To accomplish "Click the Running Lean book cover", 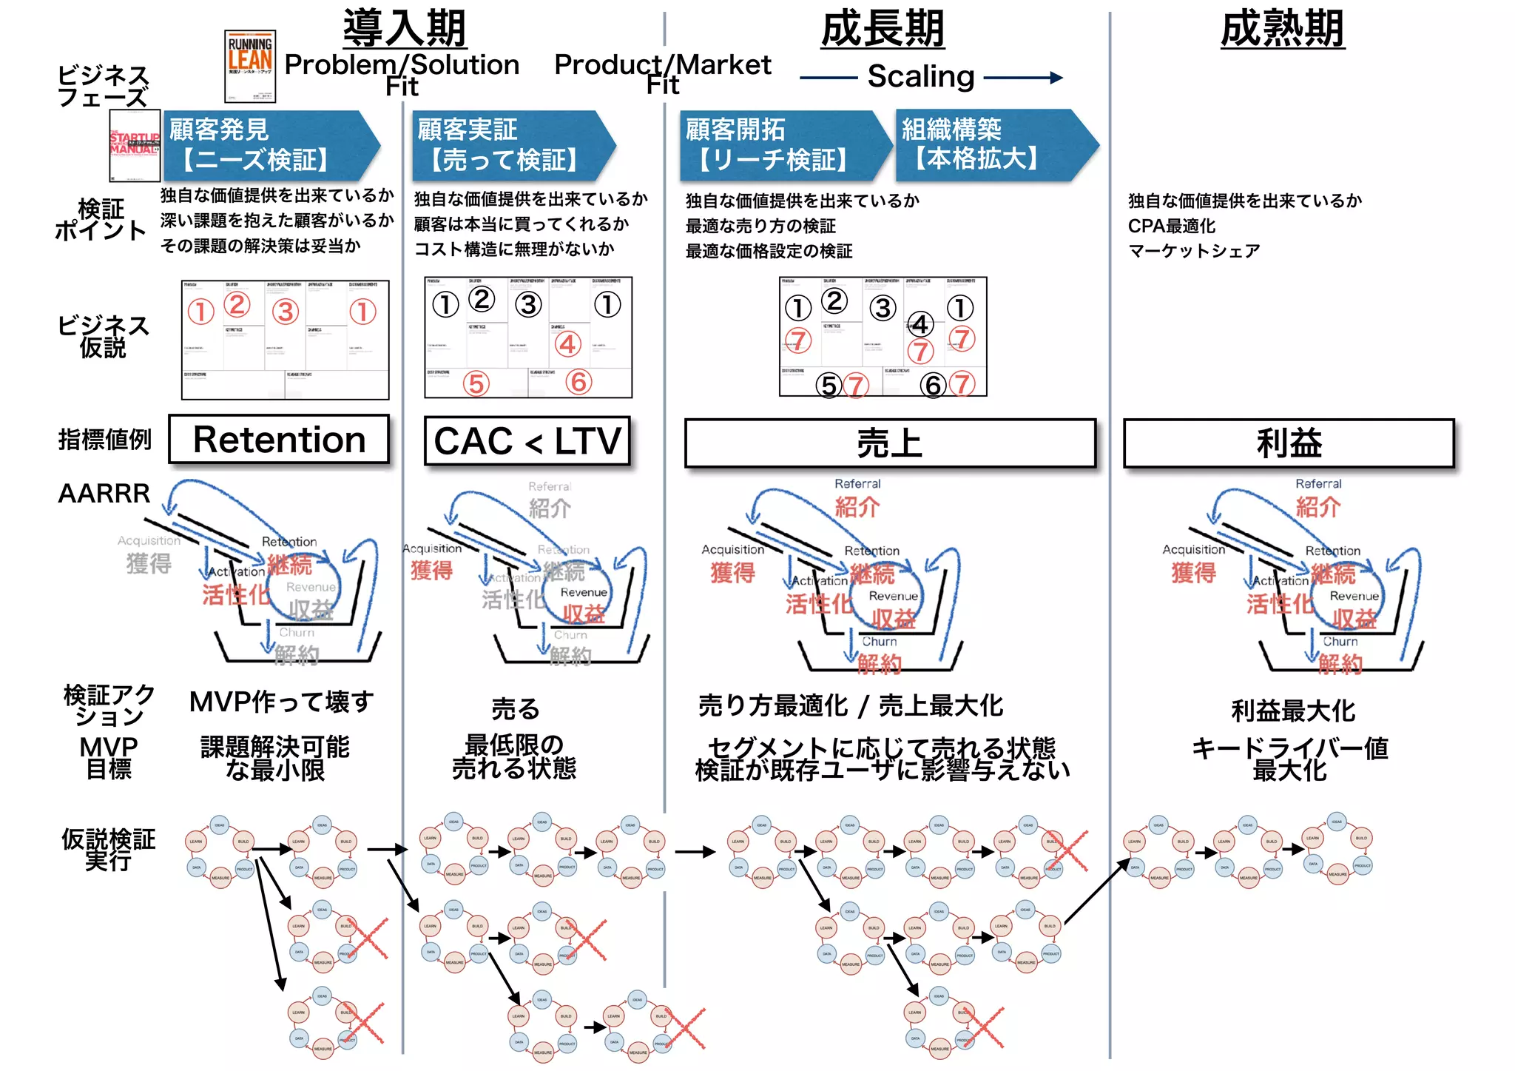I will (x=250, y=66).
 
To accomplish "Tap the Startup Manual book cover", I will (x=135, y=145).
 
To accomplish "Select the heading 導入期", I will (x=405, y=28).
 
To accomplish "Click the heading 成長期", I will (x=883, y=29).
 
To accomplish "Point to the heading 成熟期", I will (x=1282, y=29).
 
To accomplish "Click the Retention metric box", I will (x=279, y=440).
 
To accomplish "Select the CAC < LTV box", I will (x=527, y=441).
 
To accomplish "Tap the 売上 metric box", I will (x=889, y=443).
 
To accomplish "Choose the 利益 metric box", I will (x=1288, y=443).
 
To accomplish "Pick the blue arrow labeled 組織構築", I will (x=991, y=144).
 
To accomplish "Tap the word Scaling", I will (x=920, y=76).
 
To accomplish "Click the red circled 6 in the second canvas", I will (x=578, y=382).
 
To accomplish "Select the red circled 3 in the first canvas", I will (x=286, y=312).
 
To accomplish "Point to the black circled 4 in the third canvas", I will (x=920, y=324).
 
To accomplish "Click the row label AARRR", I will (x=104, y=493).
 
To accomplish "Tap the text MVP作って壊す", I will (x=281, y=702).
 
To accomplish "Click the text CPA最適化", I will (x=1171, y=226).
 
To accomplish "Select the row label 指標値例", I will (x=104, y=440).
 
